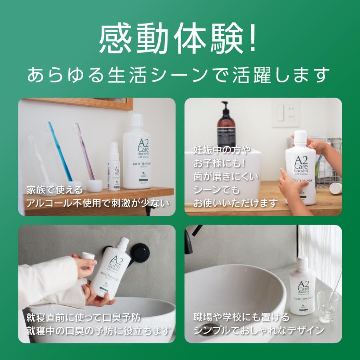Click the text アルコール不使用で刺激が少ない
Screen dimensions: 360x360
[x=97, y=203]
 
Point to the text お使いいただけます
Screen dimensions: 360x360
[x=235, y=203]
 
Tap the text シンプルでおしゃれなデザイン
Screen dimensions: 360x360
[x=258, y=331]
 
